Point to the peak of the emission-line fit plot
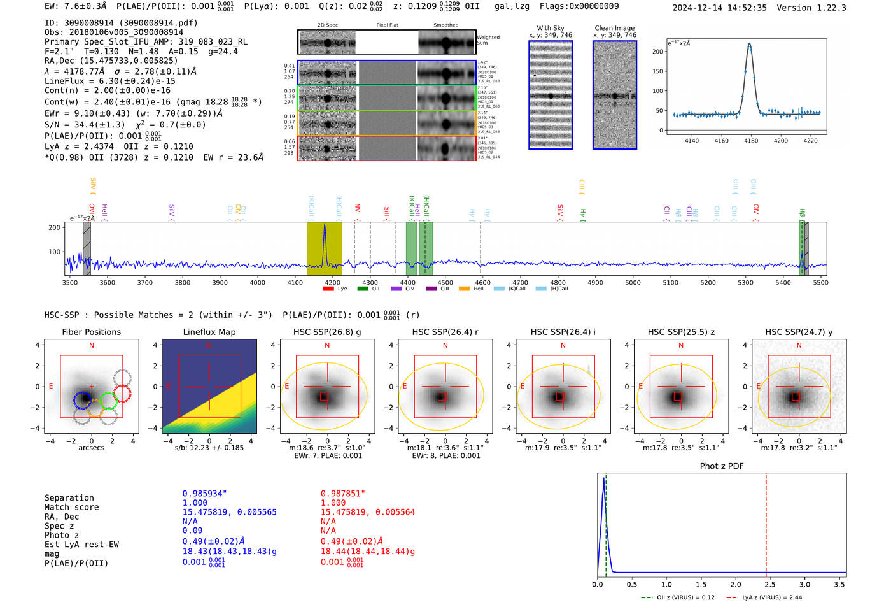750,45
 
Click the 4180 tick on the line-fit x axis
751,141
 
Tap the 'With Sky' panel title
551,28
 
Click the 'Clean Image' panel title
615,28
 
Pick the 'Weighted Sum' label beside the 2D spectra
488,40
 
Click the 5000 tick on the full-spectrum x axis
633,282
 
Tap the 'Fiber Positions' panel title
91,332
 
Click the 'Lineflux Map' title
209,332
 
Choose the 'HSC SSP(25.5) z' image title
681,332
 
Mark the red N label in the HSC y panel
799,345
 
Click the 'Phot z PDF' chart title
722,466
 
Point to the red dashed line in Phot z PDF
766,522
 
